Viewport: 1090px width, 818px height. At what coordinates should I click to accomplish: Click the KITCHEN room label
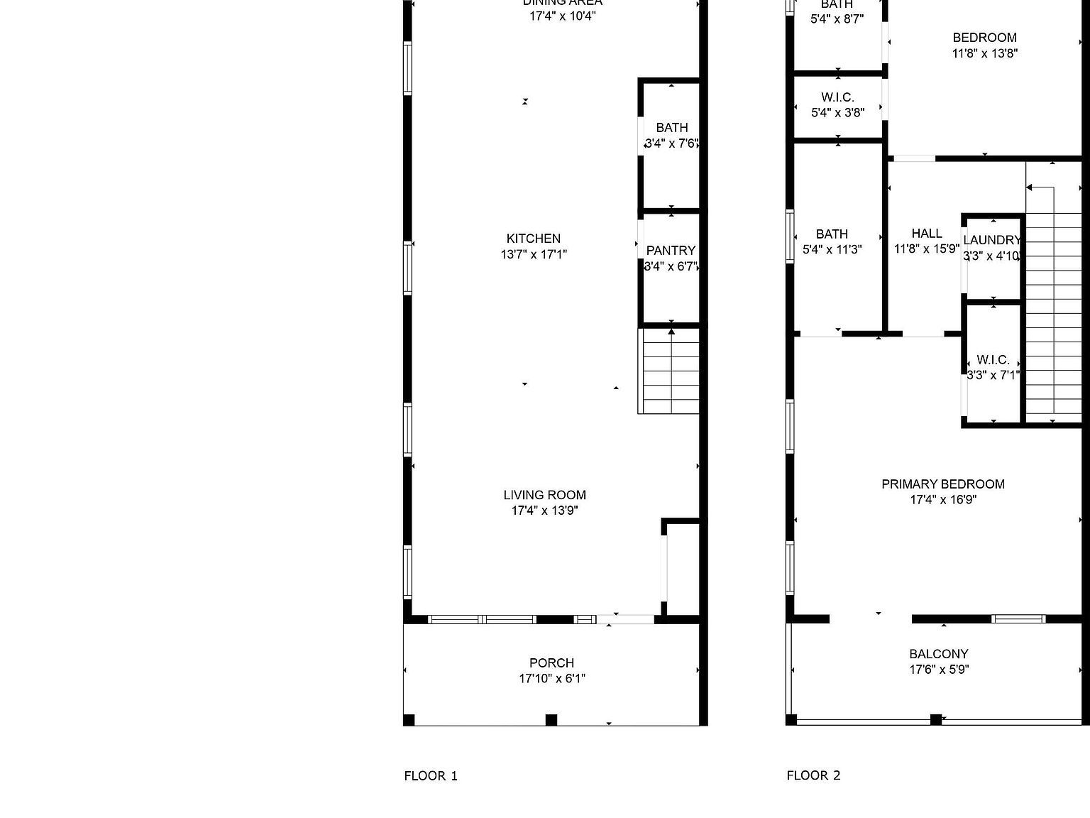[x=533, y=239]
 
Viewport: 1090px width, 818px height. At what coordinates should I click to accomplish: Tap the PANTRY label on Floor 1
[x=671, y=251]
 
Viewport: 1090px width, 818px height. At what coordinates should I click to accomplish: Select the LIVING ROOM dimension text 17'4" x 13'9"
[x=544, y=511]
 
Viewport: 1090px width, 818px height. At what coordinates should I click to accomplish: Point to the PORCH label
[x=551, y=662]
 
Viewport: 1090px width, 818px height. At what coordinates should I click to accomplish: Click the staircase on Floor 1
[x=670, y=371]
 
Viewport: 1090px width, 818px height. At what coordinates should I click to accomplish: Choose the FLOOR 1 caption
[x=431, y=776]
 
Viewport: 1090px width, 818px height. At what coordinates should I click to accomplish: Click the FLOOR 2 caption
[x=813, y=775]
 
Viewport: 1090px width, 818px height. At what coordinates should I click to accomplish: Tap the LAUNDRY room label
[x=991, y=241]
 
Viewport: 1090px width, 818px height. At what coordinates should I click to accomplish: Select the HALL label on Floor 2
[x=926, y=234]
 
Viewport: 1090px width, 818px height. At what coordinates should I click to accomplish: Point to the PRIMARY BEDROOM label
[x=942, y=484]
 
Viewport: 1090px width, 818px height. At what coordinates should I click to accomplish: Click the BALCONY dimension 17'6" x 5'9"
[x=939, y=669]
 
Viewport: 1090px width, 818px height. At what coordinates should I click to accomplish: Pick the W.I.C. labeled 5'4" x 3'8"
[x=837, y=104]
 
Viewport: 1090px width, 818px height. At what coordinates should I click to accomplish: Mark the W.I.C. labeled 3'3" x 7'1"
[x=993, y=367]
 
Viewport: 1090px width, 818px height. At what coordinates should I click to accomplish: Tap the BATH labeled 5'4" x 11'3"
[x=832, y=241]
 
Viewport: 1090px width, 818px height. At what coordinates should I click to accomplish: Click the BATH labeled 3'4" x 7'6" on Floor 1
[x=671, y=135]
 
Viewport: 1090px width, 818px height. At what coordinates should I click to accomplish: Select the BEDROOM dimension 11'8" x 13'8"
[x=984, y=53]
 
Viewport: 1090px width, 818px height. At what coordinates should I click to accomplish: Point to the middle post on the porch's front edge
[x=551, y=720]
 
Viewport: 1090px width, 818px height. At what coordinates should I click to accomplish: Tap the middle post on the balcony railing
[x=935, y=719]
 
